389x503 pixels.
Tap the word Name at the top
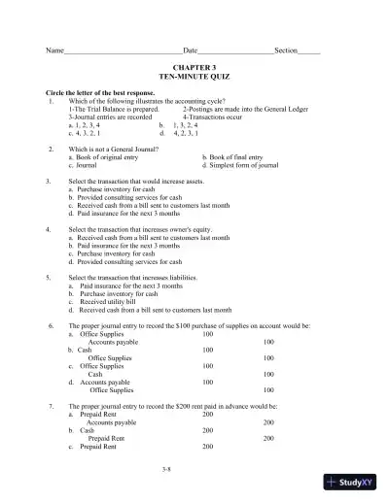pos(41,50)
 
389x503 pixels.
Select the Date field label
pos(190,50)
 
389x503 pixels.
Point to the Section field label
pos(286,50)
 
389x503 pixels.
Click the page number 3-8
pos(194,467)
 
